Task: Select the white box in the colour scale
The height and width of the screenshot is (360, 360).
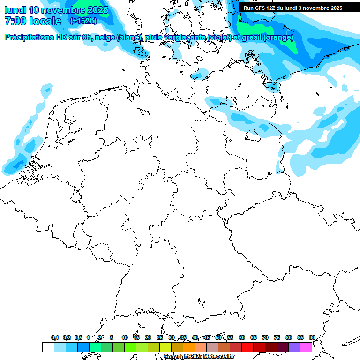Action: point(48,347)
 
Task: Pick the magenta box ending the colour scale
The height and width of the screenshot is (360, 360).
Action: point(306,347)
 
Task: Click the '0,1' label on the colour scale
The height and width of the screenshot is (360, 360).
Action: point(55,337)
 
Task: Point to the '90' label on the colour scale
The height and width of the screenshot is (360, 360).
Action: point(312,337)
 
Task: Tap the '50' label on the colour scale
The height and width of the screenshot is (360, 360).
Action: point(218,337)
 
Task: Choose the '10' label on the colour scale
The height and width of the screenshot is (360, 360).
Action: point(125,337)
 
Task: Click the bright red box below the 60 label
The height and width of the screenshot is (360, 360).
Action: point(247,347)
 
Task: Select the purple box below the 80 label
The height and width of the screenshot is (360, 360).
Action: point(294,347)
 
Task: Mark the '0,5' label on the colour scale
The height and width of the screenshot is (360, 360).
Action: point(78,337)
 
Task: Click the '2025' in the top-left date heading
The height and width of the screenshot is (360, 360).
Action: point(96,10)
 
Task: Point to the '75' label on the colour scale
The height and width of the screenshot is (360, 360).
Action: point(277,337)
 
